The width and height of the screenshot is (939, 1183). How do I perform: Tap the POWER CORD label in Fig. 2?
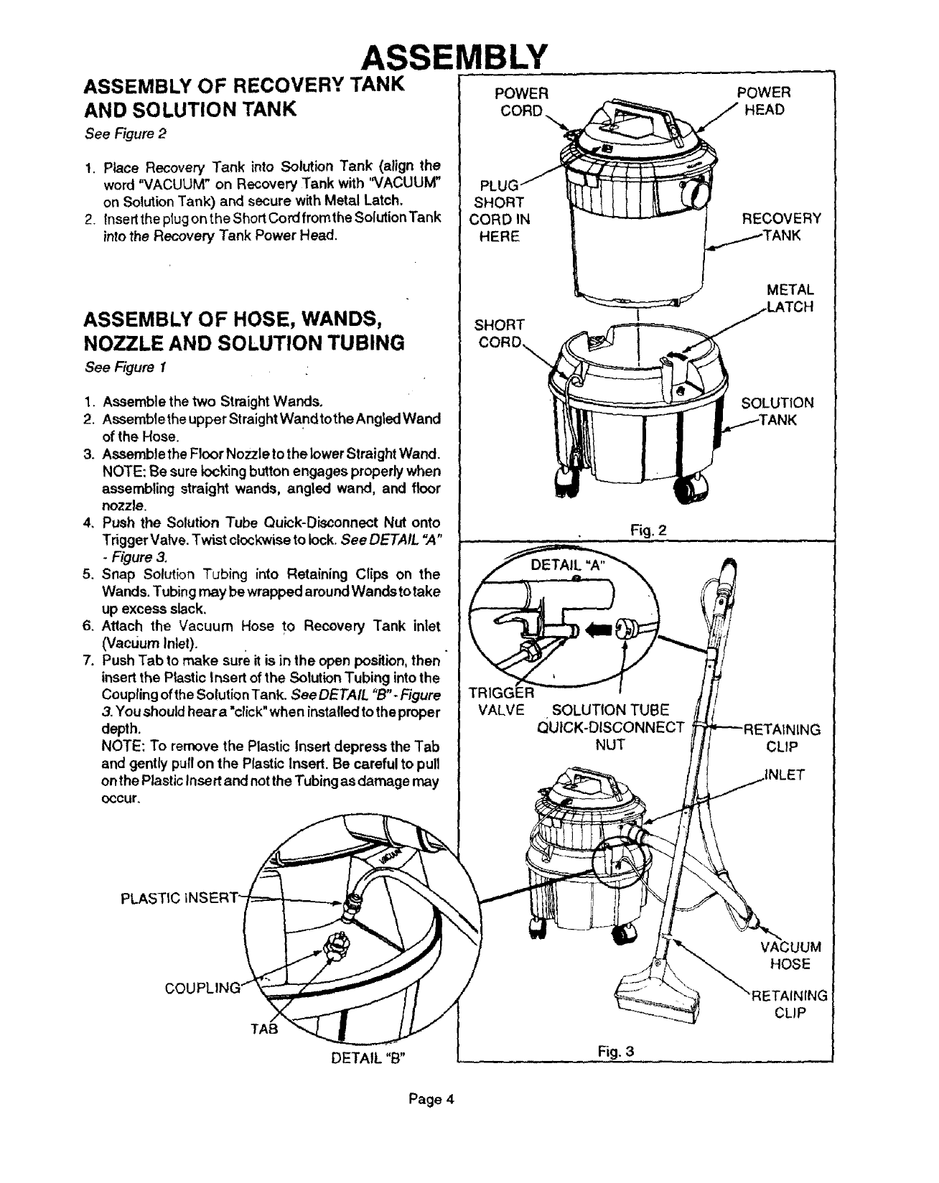(x=523, y=101)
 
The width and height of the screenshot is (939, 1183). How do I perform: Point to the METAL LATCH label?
(x=789, y=299)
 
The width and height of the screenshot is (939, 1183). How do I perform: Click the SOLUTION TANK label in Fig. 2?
(x=777, y=411)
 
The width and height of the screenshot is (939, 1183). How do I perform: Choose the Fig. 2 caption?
(x=648, y=531)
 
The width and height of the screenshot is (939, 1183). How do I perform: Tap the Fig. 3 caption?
(x=617, y=1053)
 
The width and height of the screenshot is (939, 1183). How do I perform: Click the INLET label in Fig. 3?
(x=786, y=775)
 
